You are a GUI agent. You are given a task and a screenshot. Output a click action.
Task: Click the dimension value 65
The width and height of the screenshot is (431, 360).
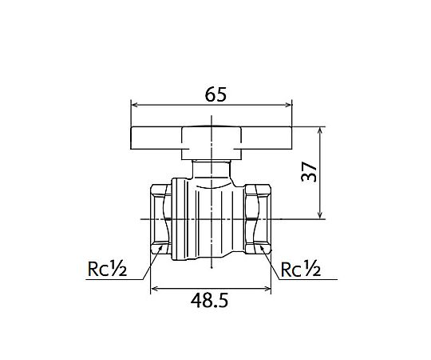click(215, 94)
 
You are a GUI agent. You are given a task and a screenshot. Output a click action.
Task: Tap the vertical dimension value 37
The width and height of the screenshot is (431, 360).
click(309, 171)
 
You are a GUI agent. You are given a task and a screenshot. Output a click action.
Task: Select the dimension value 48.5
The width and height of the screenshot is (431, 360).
click(209, 300)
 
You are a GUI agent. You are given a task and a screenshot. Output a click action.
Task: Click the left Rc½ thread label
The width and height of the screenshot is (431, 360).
click(107, 268)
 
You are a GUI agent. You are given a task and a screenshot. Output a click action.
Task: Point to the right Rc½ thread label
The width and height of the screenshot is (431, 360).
click(301, 269)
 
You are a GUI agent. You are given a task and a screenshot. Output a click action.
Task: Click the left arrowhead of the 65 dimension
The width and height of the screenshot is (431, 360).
click(134, 105)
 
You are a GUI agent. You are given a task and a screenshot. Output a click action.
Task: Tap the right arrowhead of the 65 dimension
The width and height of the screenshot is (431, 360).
click(289, 105)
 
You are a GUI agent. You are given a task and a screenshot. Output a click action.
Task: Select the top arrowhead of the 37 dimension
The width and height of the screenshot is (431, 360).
click(320, 130)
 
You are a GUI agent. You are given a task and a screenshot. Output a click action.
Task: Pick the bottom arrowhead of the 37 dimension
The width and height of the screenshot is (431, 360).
click(320, 215)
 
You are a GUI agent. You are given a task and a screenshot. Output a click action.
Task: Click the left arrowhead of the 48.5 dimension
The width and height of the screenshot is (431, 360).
click(154, 289)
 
